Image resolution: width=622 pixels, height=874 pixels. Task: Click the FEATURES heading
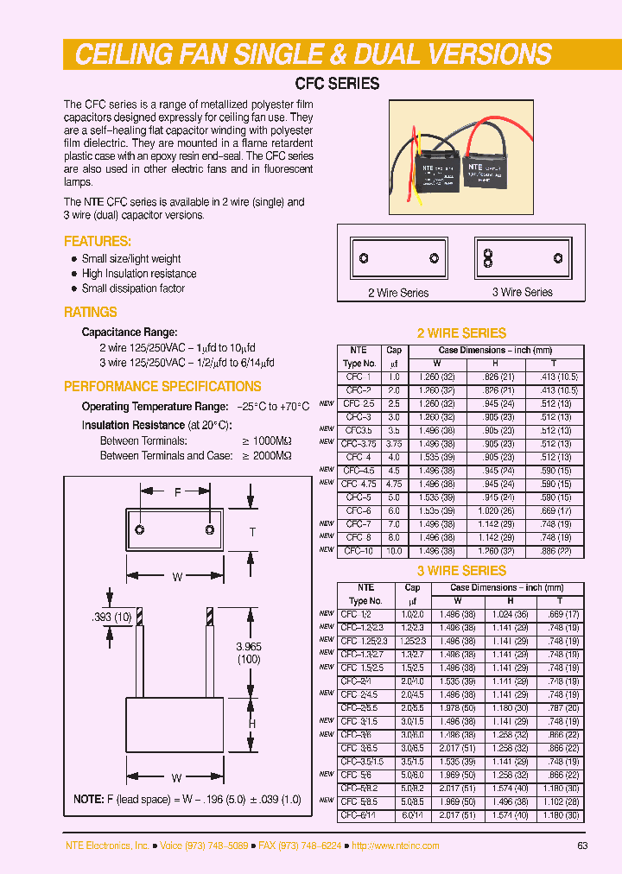pyautogui.click(x=98, y=242)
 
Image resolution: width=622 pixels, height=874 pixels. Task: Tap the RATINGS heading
pyautogui.click(x=91, y=313)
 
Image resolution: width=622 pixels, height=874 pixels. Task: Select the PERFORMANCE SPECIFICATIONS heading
pyautogui.click(x=162, y=386)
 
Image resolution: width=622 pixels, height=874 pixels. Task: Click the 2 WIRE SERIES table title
pyautogui.click(x=461, y=333)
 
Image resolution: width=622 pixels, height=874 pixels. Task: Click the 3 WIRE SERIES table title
pyautogui.click(x=461, y=571)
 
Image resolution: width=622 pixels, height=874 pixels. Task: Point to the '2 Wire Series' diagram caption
pyautogui.click(x=398, y=293)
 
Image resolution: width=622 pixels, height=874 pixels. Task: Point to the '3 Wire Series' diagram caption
pyautogui.click(x=522, y=292)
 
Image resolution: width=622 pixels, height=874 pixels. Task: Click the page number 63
pyautogui.click(x=582, y=845)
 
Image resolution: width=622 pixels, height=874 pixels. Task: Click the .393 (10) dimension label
pyautogui.click(x=111, y=617)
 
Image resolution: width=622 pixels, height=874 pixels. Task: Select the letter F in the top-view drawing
pyautogui.click(x=177, y=492)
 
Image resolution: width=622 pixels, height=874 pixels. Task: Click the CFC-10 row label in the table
pyautogui.click(x=359, y=550)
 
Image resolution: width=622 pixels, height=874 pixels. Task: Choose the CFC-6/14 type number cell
pyautogui.click(x=359, y=814)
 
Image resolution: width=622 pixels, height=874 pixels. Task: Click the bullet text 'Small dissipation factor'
pyautogui.click(x=133, y=288)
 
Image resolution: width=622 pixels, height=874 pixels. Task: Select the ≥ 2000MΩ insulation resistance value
pyautogui.click(x=267, y=455)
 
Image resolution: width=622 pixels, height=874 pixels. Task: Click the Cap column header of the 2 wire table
pyautogui.click(x=394, y=351)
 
